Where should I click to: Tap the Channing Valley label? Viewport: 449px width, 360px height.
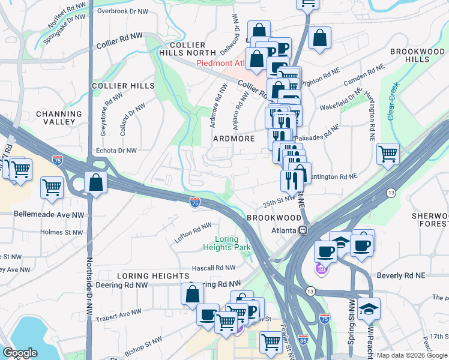tap(59, 118)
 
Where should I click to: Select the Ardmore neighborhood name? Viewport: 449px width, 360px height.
tap(234, 139)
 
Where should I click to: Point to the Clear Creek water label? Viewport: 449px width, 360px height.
tap(393, 101)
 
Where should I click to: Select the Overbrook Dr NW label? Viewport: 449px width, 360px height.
tap(122, 11)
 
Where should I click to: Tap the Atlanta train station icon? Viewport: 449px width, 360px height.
tap(304, 230)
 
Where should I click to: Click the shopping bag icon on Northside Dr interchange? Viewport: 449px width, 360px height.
tap(95, 182)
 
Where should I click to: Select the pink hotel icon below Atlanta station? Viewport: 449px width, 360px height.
tap(321, 270)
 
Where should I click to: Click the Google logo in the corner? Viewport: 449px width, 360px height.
tap(20, 353)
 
